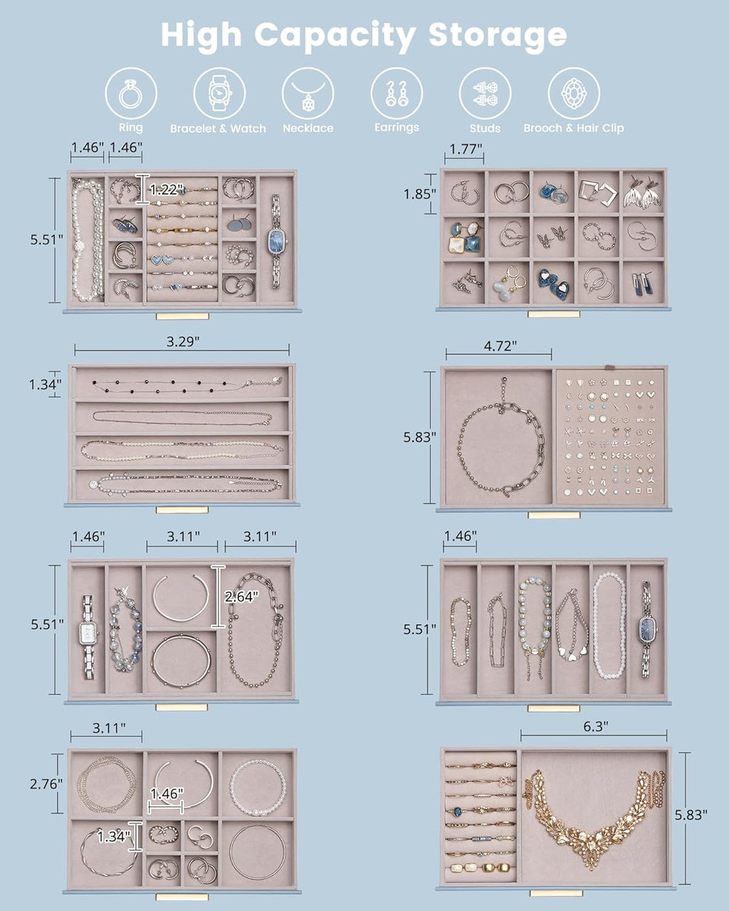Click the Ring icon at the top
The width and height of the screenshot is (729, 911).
[131, 93]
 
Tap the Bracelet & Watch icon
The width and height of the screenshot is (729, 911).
[219, 93]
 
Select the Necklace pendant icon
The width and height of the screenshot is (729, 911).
[308, 93]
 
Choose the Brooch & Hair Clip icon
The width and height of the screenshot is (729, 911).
[574, 93]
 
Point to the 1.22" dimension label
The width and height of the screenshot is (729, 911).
[167, 189]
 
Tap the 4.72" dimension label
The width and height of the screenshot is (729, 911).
[500, 346]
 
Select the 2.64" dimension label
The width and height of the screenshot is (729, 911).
[241, 596]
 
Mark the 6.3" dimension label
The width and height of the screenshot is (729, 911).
[596, 726]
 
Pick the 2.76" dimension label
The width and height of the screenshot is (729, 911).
[46, 784]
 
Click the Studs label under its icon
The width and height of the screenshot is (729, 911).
[485, 128]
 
